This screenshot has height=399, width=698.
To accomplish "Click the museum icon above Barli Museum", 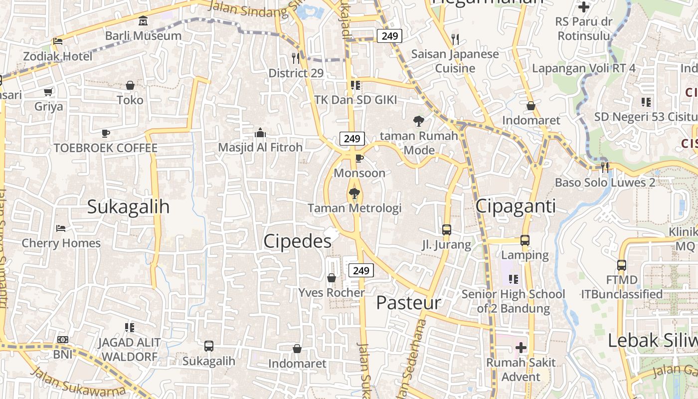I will [144, 21].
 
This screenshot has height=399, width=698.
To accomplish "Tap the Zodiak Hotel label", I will [58, 56].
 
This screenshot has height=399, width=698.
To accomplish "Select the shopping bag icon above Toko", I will [130, 85].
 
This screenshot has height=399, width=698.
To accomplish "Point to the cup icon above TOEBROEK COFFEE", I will [105, 133].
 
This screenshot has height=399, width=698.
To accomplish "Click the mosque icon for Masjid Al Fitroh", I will [260, 133].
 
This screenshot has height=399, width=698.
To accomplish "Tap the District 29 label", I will [296, 73].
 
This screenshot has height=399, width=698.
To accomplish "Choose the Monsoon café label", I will [359, 173].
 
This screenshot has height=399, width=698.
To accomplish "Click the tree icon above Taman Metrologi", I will [354, 193].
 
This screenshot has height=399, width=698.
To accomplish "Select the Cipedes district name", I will [297, 241].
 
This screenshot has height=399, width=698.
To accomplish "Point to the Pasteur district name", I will [408, 303].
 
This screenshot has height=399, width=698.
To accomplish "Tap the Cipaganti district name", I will [516, 206].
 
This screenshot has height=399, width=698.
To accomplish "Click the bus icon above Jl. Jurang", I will [447, 230].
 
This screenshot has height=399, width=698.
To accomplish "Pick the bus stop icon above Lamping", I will [525, 240].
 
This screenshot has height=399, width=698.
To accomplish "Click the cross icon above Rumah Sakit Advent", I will [521, 347].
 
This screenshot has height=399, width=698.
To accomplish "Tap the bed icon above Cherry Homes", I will [61, 228].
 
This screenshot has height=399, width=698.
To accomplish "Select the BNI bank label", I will [63, 355].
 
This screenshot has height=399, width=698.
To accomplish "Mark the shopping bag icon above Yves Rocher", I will [332, 278].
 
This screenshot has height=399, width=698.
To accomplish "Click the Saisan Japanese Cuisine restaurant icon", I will [455, 39].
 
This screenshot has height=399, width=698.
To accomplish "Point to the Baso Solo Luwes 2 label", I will [605, 183].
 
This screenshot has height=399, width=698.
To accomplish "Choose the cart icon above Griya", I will [48, 92].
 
